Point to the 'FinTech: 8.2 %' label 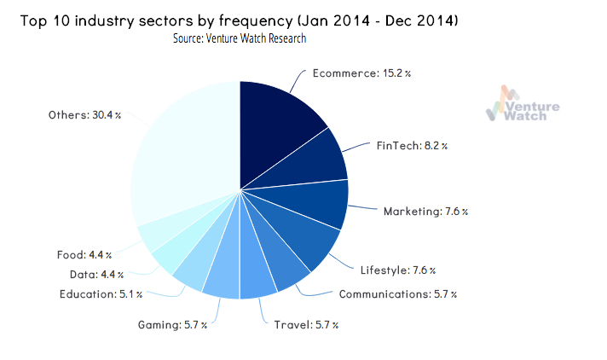tap(412, 146)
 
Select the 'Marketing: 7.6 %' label tap(425, 211)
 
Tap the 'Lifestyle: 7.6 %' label tap(399, 270)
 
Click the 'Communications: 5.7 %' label tap(397, 294)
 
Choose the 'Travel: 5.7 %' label tap(306, 324)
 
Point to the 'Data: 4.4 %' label tap(96, 274)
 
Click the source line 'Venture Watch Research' tap(240, 38)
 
